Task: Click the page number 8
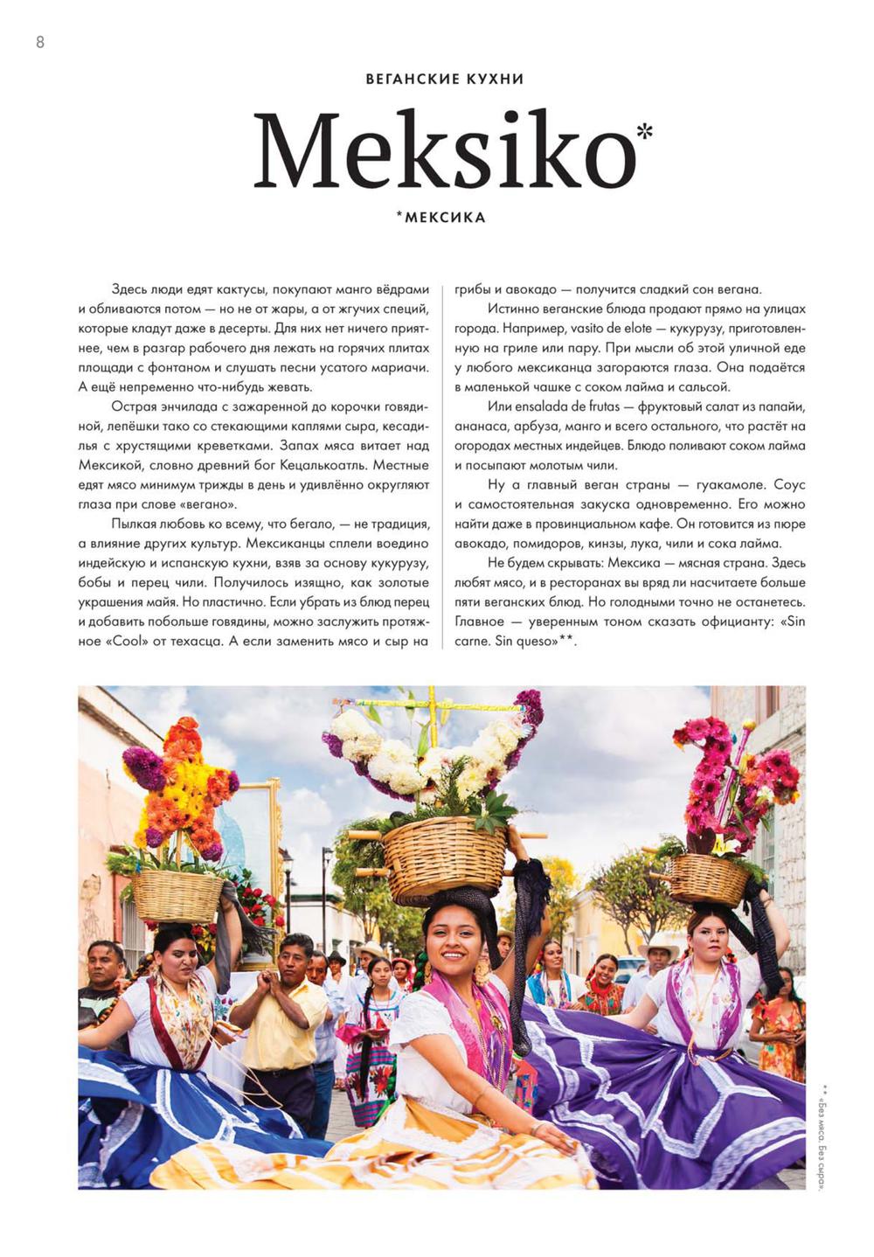tap(40, 42)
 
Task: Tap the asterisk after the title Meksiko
tap(644, 132)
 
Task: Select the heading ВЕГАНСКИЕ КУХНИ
tap(444, 79)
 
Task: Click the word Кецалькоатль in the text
tap(337, 465)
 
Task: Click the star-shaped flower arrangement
tap(179, 787)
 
